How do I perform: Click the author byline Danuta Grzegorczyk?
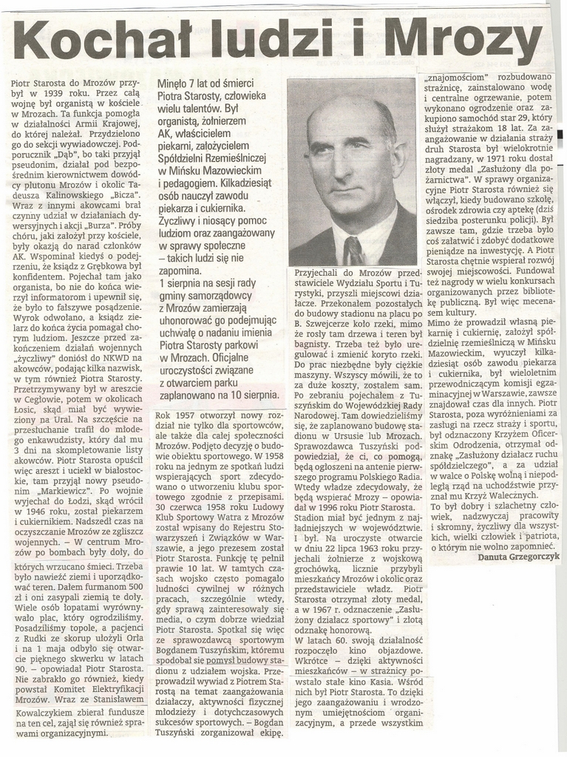[x=519, y=556]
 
